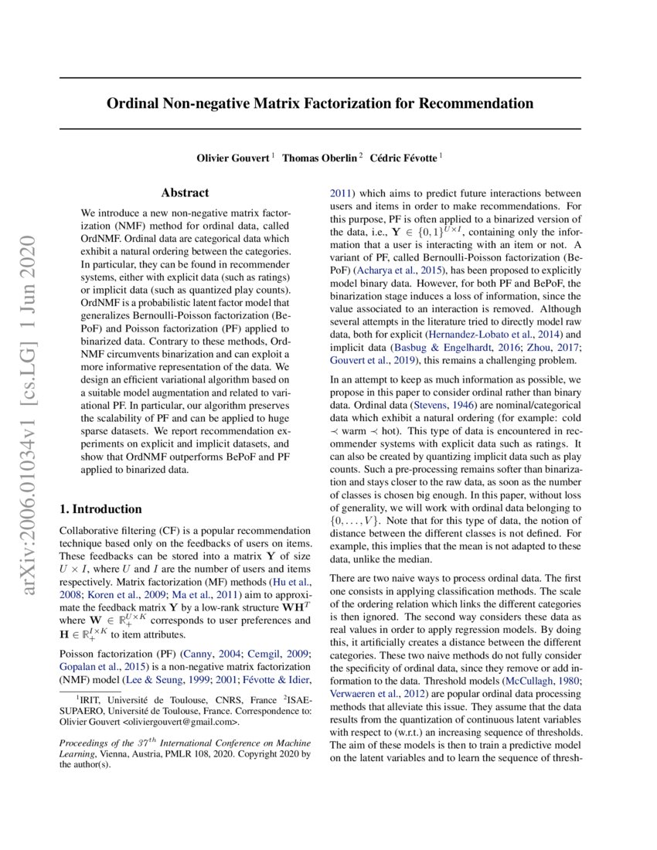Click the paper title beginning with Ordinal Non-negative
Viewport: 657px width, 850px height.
[x=319, y=103]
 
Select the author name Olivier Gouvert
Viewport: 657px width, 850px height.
[x=233, y=158]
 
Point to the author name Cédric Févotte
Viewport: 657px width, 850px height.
[x=403, y=158]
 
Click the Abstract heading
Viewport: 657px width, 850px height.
[x=185, y=193]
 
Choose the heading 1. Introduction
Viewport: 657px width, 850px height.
[x=100, y=509]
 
